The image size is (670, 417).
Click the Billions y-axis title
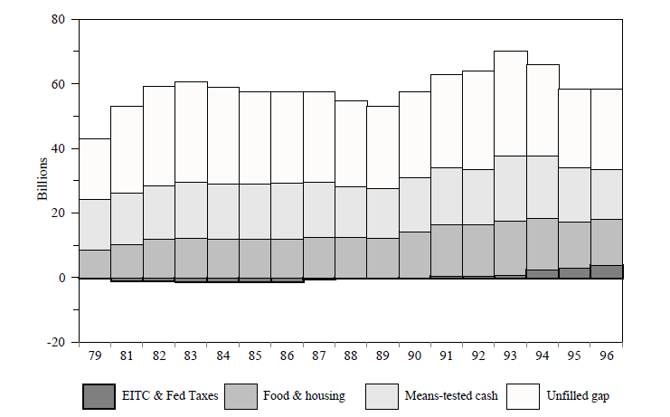pos(42,181)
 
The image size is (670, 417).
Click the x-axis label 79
pos(95,356)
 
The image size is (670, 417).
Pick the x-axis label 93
pos(511,356)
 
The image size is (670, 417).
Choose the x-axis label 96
pos(607,356)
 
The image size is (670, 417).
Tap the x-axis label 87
pos(318,356)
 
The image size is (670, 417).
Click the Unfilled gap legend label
pos(580,396)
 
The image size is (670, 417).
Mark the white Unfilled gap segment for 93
pos(511,103)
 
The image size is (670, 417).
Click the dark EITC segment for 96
pos(607,271)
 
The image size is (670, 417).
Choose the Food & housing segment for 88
pos(351,257)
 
